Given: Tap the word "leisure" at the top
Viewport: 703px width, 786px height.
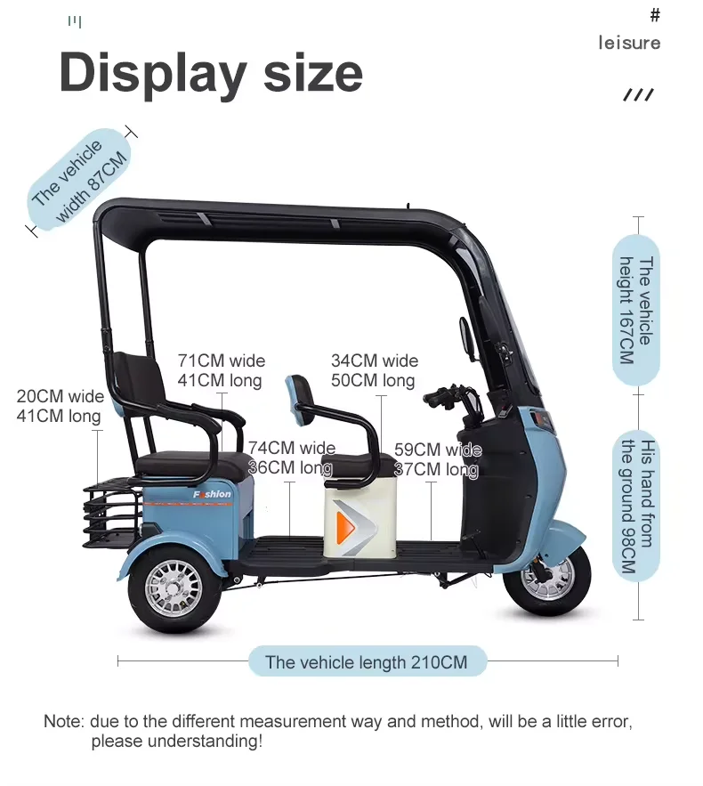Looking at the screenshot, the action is [629, 43].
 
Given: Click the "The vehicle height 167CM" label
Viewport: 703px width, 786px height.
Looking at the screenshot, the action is [636, 309].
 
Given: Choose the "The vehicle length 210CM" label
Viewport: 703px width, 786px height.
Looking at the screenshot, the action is [366, 661].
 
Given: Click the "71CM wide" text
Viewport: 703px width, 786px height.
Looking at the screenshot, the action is [221, 361].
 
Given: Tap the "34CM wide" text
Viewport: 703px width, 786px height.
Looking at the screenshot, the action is [374, 361].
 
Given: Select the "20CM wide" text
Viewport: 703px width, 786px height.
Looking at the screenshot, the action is [60, 396].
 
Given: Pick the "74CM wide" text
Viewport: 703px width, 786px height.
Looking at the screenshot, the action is [291, 448].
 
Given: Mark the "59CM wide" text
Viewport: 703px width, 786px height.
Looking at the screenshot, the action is [437, 450].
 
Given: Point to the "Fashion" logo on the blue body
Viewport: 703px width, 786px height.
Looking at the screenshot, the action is [212, 494].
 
